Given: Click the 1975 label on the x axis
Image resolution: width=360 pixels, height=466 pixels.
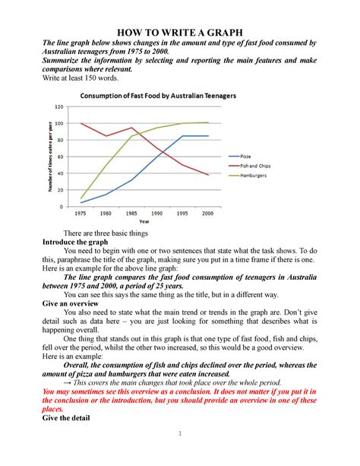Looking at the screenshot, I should click(x=80, y=214).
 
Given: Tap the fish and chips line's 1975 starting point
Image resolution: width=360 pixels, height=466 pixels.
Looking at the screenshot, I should click(x=80, y=124).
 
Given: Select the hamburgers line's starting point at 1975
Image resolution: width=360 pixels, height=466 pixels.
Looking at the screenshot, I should click(x=80, y=198).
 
